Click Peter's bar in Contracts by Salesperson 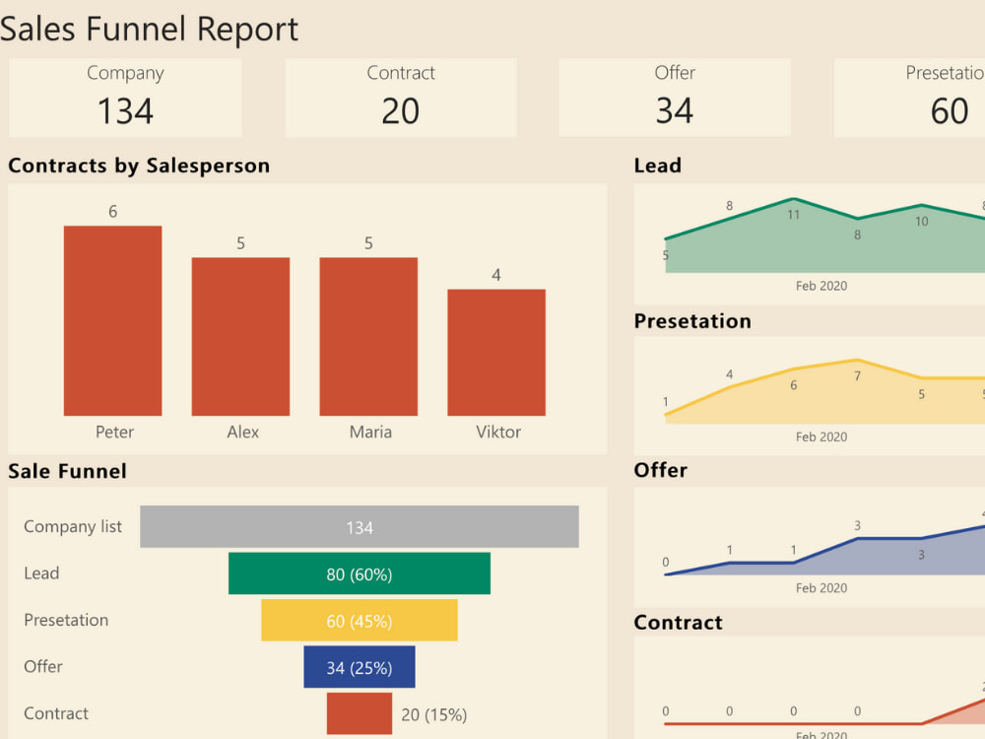click(112, 320)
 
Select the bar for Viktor click(495, 352)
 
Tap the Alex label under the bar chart click(242, 432)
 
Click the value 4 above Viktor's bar click(495, 275)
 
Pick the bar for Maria click(367, 336)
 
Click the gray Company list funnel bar click(359, 527)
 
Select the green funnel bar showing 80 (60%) click(359, 573)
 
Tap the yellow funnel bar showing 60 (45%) click(359, 621)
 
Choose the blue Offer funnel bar click(359, 667)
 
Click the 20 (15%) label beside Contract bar click(433, 714)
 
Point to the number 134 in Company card click(125, 110)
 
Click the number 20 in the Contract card click(400, 110)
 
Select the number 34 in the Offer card click(674, 110)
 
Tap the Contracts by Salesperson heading click(138, 166)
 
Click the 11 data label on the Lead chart click(794, 214)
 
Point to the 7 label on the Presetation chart click(857, 376)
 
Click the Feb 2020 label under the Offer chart click(821, 588)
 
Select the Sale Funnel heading click(67, 471)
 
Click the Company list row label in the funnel click(73, 526)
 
